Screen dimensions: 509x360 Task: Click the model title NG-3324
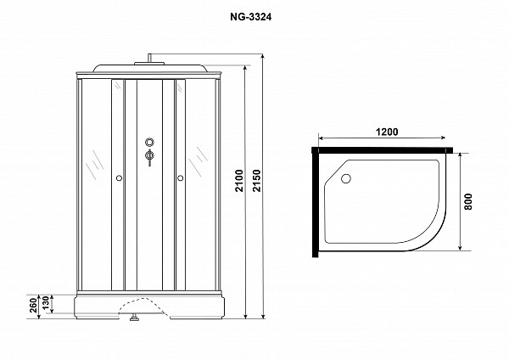coord(250,17)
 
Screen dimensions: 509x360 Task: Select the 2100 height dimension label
coord(239,181)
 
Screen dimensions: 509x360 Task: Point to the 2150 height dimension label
coord(257,181)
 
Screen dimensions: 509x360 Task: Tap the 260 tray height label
coord(33,306)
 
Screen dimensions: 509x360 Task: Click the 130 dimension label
coord(46,303)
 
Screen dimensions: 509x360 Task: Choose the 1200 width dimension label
coord(387,132)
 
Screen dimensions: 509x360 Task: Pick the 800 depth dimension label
coord(468,202)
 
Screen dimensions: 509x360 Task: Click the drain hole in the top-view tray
coord(346,178)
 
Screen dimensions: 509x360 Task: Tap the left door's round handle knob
coord(119,178)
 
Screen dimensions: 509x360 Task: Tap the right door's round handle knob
coord(181,178)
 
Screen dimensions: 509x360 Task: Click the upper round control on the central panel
coord(149,142)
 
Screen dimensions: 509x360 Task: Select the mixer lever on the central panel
coord(149,157)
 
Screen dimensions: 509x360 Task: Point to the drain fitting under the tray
coord(134,318)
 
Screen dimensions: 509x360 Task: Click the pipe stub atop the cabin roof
coord(149,58)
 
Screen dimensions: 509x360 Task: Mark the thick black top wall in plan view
coord(383,150)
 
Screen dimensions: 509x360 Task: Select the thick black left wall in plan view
coord(315,202)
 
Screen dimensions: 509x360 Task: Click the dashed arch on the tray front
coord(143,307)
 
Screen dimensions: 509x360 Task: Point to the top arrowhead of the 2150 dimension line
coord(263,57)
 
